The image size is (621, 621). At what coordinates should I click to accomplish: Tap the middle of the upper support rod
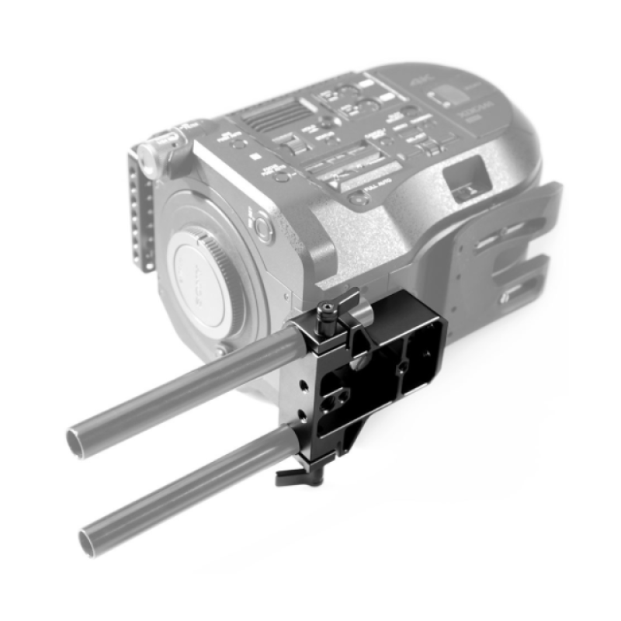(x=186, y=380)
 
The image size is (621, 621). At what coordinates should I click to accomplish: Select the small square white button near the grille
(x=255, y=157)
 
